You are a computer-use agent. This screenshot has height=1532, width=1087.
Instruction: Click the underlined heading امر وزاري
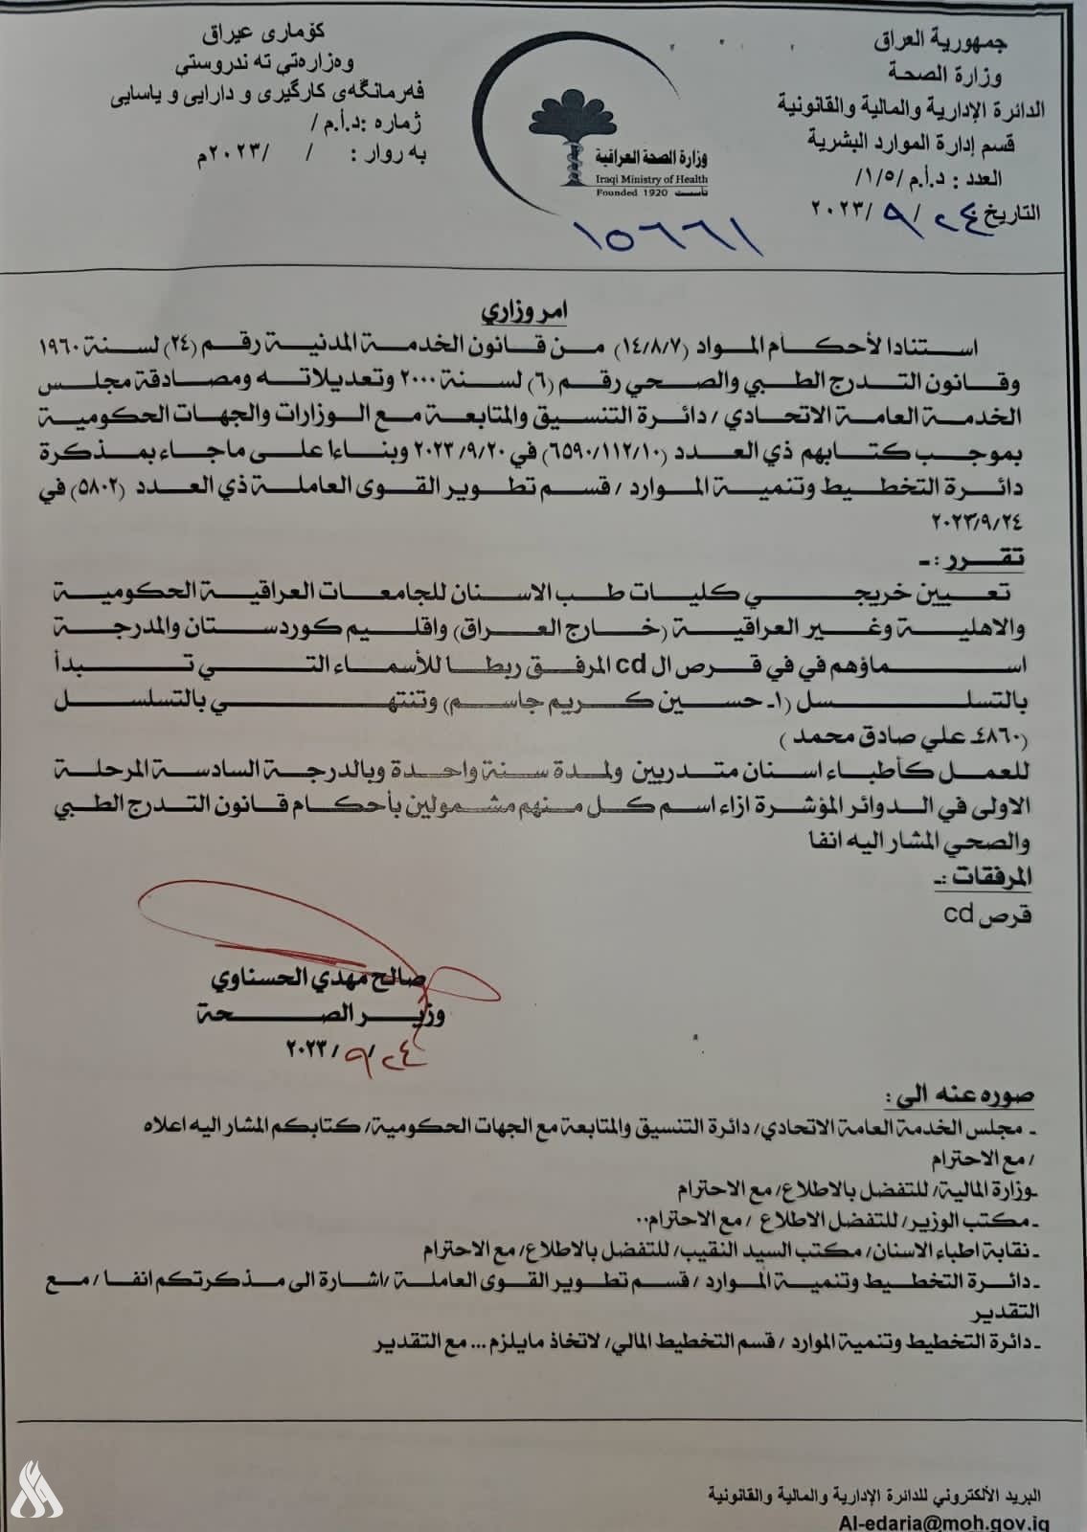coord(543,313)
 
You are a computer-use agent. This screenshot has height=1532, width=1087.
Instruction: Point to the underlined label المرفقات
coord(997,875)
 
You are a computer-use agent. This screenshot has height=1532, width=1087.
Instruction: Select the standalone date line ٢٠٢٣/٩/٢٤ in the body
coord(985,525)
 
